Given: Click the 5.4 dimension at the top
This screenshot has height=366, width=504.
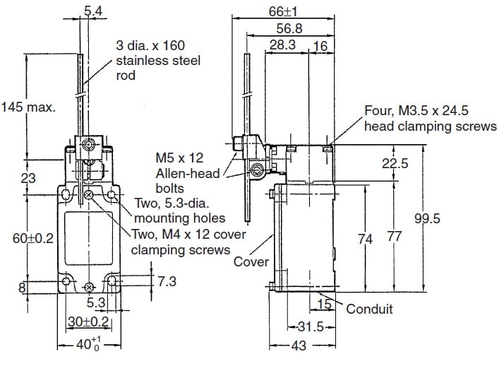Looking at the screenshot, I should point(92,11).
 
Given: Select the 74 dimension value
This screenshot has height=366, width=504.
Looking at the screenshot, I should point(365,239).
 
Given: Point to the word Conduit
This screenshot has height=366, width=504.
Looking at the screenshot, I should point(370,308).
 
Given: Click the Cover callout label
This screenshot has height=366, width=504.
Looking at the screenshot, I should point(251,261).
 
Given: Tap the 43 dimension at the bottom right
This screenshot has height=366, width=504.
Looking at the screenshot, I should point(300,346).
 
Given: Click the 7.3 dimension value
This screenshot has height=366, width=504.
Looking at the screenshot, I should point(166,281).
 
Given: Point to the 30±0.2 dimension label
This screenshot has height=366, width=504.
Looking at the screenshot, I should point(87,321).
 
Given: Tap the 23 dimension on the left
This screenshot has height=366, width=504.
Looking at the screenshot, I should point(28,179).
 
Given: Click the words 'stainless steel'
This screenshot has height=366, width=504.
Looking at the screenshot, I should point(158,61).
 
